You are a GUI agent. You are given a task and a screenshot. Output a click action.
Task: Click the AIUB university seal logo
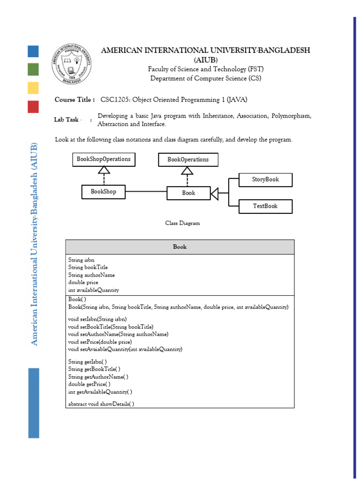(x=69, y=62)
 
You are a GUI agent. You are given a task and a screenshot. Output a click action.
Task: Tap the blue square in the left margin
(x=33, y=51)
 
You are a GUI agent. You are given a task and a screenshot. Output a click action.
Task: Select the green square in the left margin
(x=33, y=69)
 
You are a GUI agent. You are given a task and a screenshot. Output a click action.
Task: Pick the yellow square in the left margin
(x=33, y=88)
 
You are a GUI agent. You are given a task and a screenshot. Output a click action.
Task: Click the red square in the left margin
(x=33, y=106)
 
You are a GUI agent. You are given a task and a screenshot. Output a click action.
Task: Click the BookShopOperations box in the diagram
(x=104, y=159)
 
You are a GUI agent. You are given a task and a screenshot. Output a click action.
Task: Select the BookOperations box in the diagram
(x=188, y=160)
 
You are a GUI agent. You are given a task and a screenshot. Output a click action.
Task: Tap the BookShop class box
(x=104, y=192)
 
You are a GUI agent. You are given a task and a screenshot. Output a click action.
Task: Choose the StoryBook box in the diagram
(x=265, y=180)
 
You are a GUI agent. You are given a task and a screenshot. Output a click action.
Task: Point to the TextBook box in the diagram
(x=265, y=206)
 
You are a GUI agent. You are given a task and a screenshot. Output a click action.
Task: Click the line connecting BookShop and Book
(x=146, y=192)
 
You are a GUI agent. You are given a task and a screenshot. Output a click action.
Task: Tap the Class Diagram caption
(x=182, y=223)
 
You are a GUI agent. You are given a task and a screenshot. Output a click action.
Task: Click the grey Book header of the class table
(x=180, y=247)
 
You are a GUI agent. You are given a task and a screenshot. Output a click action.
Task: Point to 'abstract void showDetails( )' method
(x=101, y=404)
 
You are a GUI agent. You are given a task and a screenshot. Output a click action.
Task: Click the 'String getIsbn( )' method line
(x=87, y=362)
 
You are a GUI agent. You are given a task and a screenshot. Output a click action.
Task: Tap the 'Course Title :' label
(x=75, y=100)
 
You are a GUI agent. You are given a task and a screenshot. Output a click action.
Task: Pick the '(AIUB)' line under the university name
(x=205, y=60)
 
